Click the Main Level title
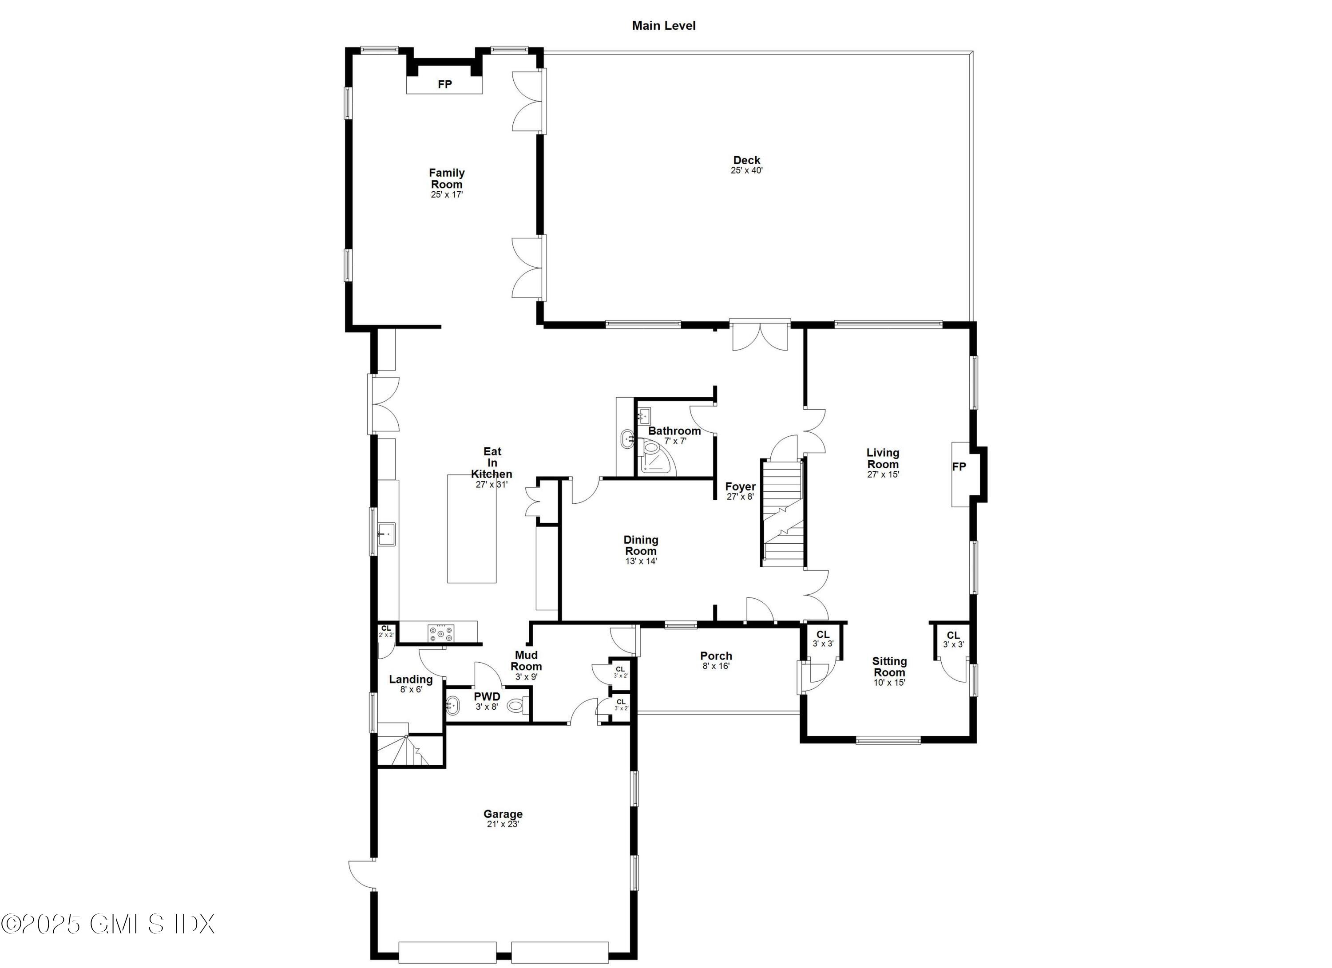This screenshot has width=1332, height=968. [664, 26]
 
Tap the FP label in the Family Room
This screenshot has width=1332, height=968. [444, 84]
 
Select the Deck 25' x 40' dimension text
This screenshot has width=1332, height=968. [746, 171]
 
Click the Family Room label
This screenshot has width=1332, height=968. [446, 178]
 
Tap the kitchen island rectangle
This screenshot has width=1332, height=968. [472, 528]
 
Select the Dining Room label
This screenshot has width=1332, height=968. [641, 545]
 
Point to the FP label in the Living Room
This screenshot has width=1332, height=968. [959, 466]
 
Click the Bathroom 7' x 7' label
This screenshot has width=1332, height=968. [674, 435]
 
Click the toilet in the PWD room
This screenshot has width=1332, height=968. [517, 705]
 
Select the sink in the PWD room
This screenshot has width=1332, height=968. [454, 704]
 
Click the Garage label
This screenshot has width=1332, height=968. [503, 814]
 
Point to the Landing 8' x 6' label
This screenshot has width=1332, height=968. [411, 684]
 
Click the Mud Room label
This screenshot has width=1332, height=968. [526, 660]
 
